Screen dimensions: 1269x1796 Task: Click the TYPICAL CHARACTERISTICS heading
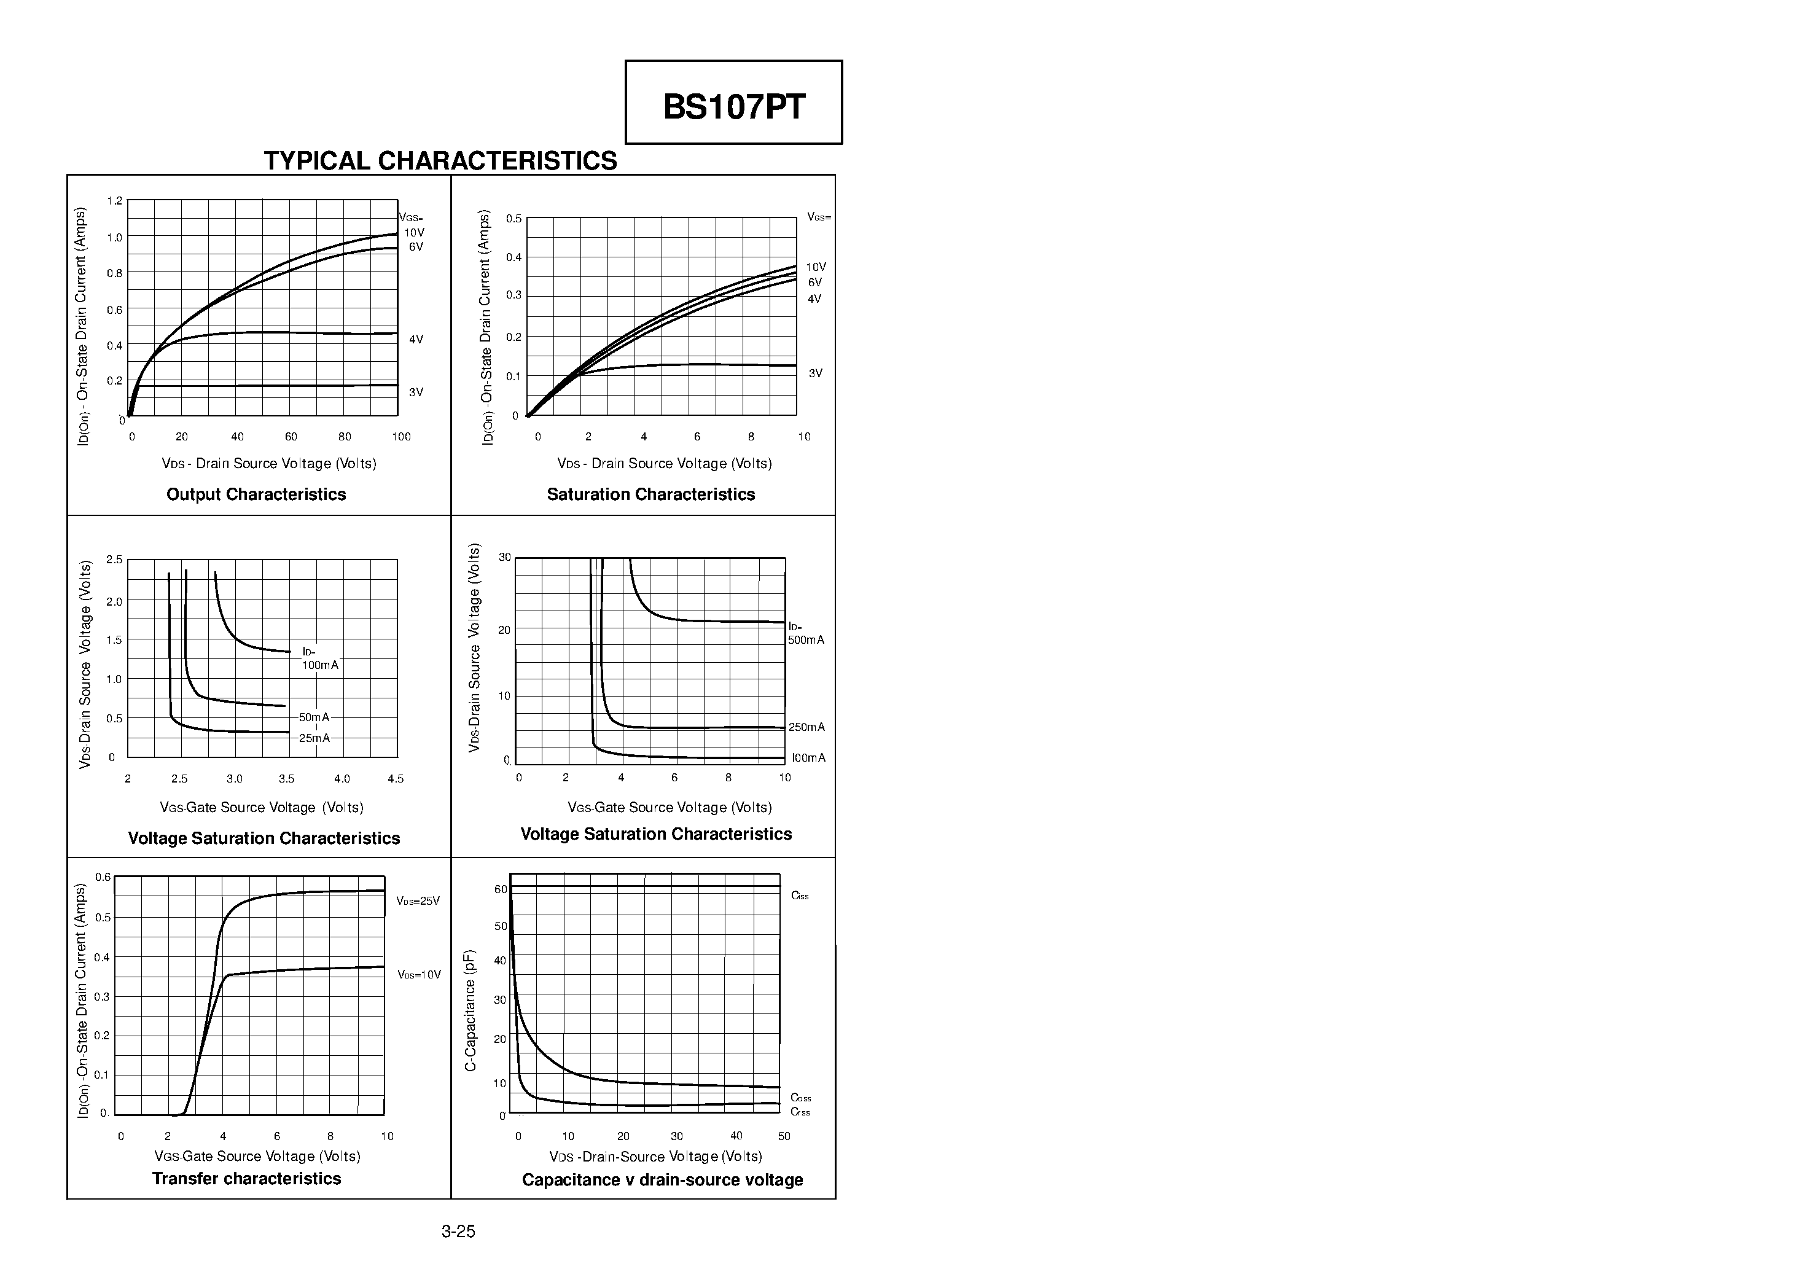click(440, 160)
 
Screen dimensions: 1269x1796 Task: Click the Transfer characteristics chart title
click(246, 1178)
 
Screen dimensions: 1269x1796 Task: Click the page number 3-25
click(458, 1232)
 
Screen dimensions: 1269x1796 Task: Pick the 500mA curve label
click(806, 640)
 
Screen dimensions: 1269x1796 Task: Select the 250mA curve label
click(806, 727)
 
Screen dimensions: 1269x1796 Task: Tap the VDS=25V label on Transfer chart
click(418, 900)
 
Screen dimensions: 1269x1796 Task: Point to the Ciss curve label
click(800, 896)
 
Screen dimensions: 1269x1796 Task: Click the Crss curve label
click(800, 1112)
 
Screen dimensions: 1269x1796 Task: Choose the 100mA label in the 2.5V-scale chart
click(321, 665)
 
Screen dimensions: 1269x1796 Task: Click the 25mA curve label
click(314, 738)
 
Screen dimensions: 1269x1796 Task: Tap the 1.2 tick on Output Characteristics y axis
click(114, 201)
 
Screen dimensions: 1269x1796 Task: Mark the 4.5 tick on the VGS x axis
click(395, 778)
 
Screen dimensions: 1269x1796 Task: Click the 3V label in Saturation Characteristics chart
click(815, 373)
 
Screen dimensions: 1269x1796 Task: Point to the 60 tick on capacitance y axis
click(501, 889)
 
